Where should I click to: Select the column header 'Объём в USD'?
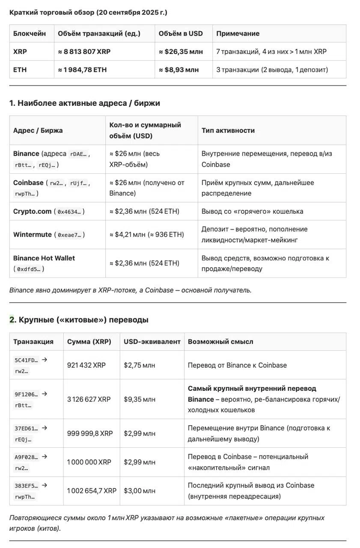pos(181,33)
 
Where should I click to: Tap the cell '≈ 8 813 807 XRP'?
pos(84,51)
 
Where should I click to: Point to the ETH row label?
pos(20,69)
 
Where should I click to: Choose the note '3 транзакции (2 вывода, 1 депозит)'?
pos(272,69)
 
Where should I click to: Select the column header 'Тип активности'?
pos(228,130)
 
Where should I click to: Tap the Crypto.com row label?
pos(33,211)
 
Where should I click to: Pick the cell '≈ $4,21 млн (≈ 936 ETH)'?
pos(146,235)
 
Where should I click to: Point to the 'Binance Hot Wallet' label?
pos(44,258)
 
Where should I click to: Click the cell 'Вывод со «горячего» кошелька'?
pos(252,211)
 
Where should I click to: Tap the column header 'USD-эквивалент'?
pos(152,342)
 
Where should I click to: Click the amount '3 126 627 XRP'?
pos(89,399)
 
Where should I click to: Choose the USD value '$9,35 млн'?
pos(140,399)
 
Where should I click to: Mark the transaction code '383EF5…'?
pos(26,485)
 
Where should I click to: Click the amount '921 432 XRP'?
pos(86,365)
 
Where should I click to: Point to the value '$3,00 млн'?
pos(140,491)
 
